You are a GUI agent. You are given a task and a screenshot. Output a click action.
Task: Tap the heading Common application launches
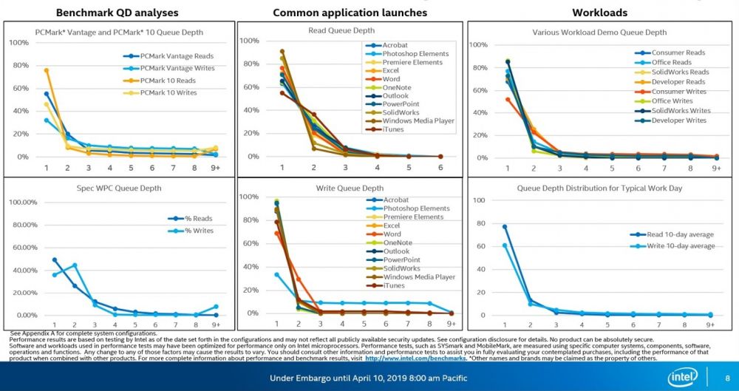[x=350, y=13]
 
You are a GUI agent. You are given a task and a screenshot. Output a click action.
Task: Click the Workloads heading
[x=599, y=13]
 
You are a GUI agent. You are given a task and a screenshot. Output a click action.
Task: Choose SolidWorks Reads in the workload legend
[x=680, y=72]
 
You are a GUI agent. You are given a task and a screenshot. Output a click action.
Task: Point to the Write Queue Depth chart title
[x=350, y=188]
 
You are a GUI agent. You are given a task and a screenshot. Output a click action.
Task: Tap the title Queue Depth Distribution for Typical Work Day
[x=599, y=188]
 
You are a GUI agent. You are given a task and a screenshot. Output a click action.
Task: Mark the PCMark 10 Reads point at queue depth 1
[x=47, y=70]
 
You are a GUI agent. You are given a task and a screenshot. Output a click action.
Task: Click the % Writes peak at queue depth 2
[x=75, y=265]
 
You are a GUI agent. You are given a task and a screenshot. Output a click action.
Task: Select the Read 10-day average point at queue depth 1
[x=505, y=226]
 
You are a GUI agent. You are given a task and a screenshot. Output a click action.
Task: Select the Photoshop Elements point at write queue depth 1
[x=277, y=274]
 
